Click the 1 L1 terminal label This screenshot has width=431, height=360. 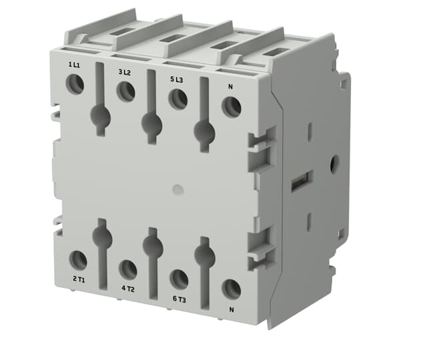point(74,65)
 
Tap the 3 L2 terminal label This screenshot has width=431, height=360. point(125,72)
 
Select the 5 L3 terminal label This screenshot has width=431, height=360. point(176,79)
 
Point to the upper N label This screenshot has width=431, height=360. point(230,87)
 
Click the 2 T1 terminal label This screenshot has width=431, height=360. point(79,279)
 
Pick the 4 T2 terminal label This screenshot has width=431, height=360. point(128,289)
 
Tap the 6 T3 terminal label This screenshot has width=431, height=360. point(179,299)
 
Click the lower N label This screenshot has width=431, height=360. point(232,310)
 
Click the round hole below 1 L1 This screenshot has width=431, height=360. point(75,84)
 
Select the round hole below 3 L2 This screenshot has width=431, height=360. point(126,91)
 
